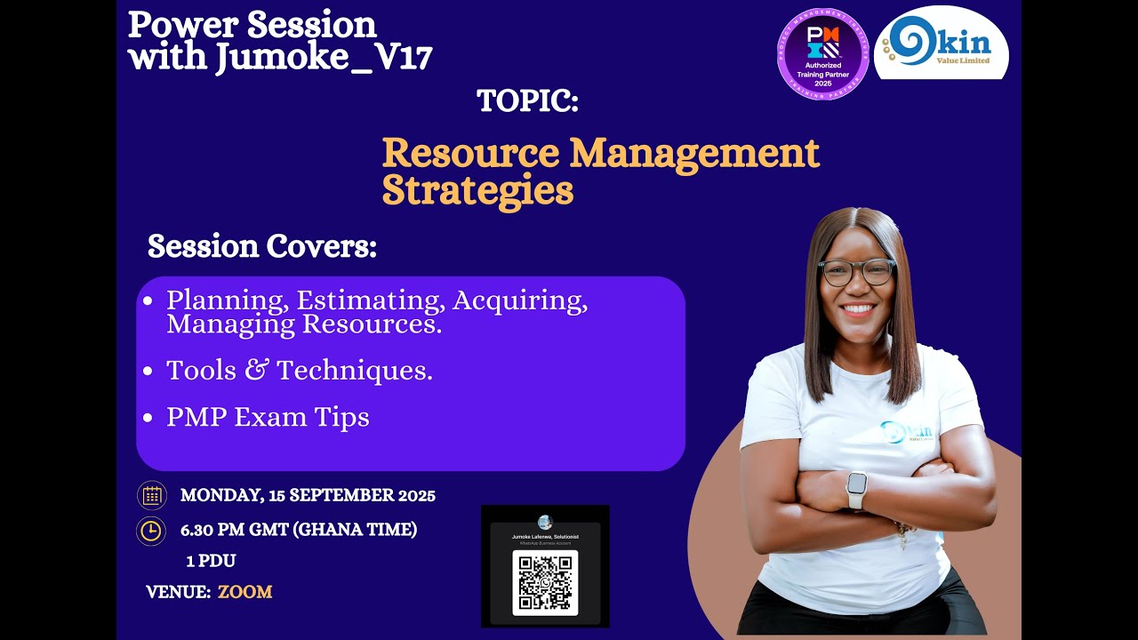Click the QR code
pos(545,582)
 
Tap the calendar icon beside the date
pos(151,495)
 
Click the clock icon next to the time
pos(151,531)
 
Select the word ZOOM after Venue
pos(244,592)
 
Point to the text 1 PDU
pos(211,561)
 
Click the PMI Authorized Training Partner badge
pos(823,53)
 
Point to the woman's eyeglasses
pos(857,272)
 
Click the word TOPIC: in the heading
pos(527,100)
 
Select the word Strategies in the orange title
pos(477,190)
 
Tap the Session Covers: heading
pos(262,246)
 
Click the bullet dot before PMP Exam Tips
pos(148,418)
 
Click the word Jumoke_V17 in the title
pos(324,58)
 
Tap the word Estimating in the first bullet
pos(369,300)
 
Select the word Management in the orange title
pos(694,153)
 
